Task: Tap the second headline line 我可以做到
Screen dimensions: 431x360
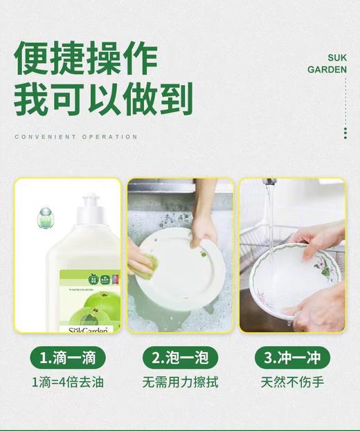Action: point(102,99)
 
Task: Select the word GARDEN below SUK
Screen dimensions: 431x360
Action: point(327,70)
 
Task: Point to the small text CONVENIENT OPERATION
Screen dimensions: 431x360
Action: point(76,137)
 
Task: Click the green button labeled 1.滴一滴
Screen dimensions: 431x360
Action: point(68,358)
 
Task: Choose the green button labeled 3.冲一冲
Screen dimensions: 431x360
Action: point(292,358)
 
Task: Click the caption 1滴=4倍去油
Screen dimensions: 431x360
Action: point(68,382)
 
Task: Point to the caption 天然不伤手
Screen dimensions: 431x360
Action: point(292,382)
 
